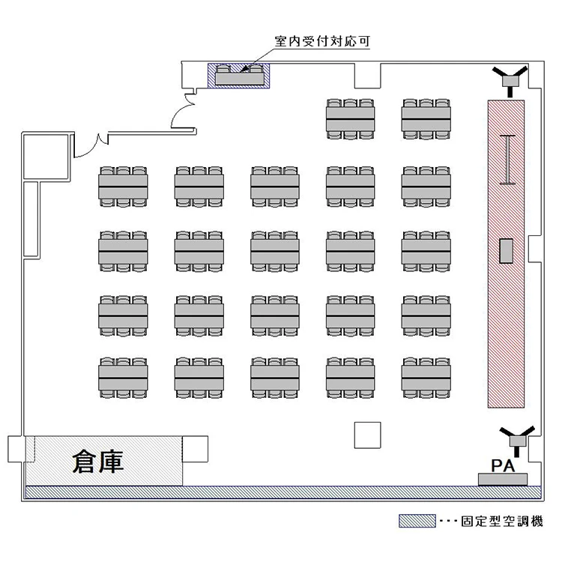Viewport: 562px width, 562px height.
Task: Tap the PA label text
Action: tap(501, 465)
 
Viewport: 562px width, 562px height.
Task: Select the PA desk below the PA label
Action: tap(503, 479)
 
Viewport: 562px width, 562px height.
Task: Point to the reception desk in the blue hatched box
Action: tap(239, 75)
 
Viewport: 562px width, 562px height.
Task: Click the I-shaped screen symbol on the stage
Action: tap(509, 159)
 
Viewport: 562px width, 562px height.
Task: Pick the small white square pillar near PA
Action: tap(367, 435)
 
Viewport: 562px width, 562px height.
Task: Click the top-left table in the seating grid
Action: tap(123, 185)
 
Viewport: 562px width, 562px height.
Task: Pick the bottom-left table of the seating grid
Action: tap(123, 376)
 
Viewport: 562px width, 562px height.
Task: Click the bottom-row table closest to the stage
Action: tap(426, 376)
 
